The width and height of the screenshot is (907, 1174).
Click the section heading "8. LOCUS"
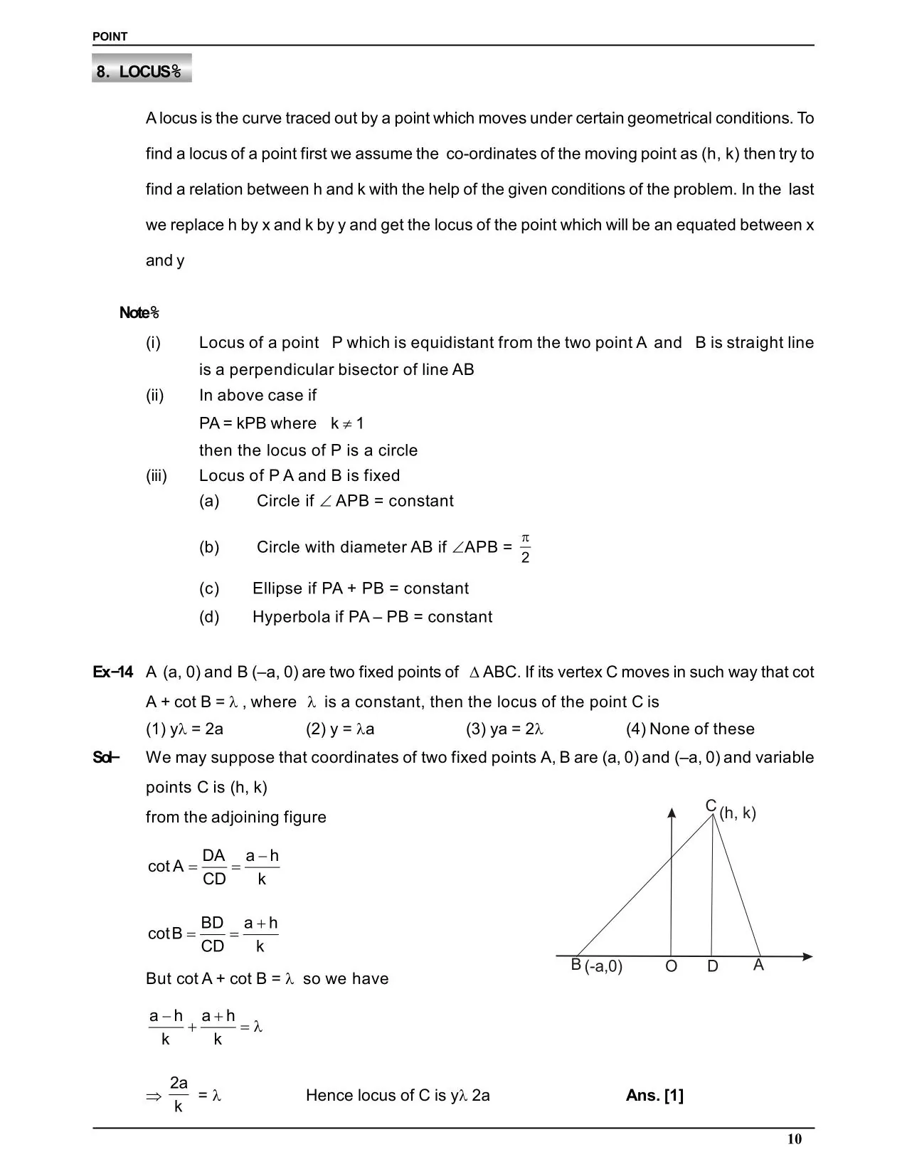tap(141, 71)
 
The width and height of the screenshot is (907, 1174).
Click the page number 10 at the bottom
tap(794, 1139)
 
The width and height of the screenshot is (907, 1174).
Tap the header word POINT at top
tap(110, 37)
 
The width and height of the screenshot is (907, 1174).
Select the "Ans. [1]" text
tap(654, 1095)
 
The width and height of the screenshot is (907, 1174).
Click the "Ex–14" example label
tap(112, 672)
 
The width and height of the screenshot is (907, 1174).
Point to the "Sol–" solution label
tap(105, 757)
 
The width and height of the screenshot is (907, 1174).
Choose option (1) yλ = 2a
tap(185, 729)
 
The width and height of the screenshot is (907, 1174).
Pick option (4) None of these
tap(690, 729)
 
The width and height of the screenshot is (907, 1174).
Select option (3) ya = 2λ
tap(505, 729)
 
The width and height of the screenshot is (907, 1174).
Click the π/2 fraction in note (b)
tap(525, 547)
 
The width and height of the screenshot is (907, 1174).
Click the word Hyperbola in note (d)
tap(291, 617)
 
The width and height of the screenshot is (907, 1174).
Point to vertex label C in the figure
tap(711, 805)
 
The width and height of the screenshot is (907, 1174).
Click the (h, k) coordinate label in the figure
tap(738, 813)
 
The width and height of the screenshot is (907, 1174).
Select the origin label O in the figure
tap(671, 966)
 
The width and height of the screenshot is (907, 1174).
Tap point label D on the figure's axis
tap(713, 966)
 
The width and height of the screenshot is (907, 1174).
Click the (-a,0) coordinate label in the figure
tap(603, 966)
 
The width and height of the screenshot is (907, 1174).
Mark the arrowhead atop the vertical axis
tap(672, 813)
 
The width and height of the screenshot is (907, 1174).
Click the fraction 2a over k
tap(179, 1095)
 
